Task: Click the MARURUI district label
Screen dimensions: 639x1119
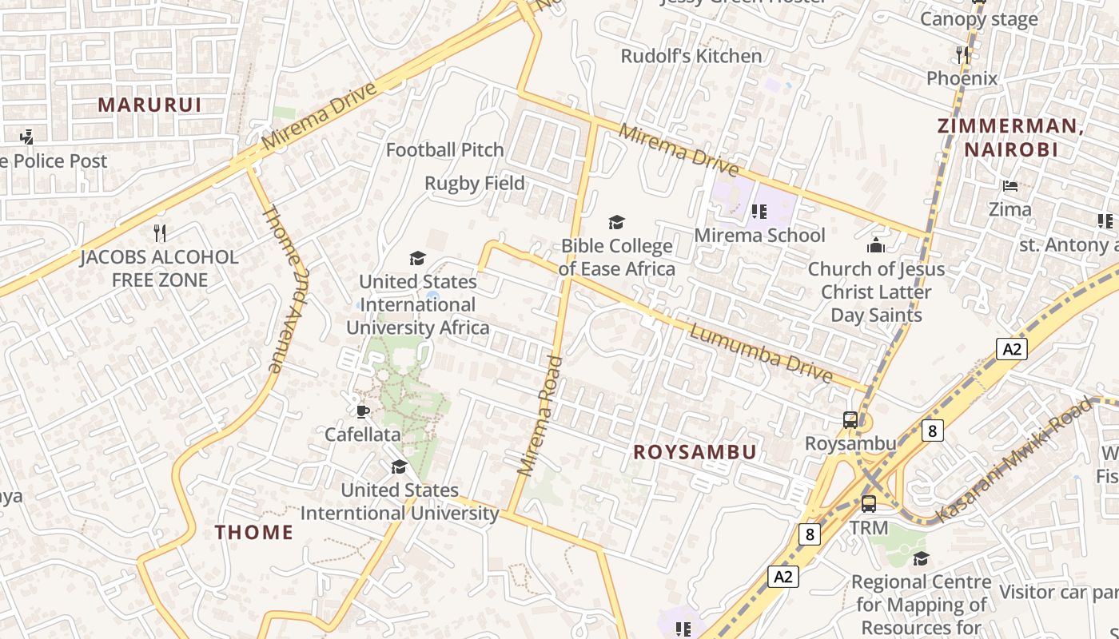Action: coord(149,105)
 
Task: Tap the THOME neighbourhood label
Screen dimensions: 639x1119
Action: coord(254,532)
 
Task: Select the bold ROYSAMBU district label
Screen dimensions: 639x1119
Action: coord(695,452)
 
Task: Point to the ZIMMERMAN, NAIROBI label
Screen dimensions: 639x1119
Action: coord(1010,137)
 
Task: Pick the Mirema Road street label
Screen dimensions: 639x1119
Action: coord(540,416)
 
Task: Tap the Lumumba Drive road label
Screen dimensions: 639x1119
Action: coord(761,353)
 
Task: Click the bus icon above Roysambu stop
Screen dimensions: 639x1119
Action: coord(850,420)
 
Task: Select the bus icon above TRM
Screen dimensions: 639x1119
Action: coord(869,504)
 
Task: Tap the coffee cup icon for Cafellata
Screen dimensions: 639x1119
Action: coord(362,411)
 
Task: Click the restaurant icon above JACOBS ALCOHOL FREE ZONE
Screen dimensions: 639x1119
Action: coord(160,233)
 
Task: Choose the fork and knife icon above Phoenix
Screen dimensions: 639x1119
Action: coord(963,54)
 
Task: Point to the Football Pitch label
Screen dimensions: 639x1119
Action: coord(444,149)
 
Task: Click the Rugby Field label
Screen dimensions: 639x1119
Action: coord(474,183)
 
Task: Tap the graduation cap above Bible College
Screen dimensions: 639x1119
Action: coord(616,222)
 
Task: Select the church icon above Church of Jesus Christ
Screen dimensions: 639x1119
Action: coord(877,245)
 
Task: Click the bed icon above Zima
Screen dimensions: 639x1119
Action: coord(1010,186)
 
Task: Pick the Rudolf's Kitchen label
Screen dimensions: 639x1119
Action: coord(691,56)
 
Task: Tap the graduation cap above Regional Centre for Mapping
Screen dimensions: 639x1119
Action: coord(921,558)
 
